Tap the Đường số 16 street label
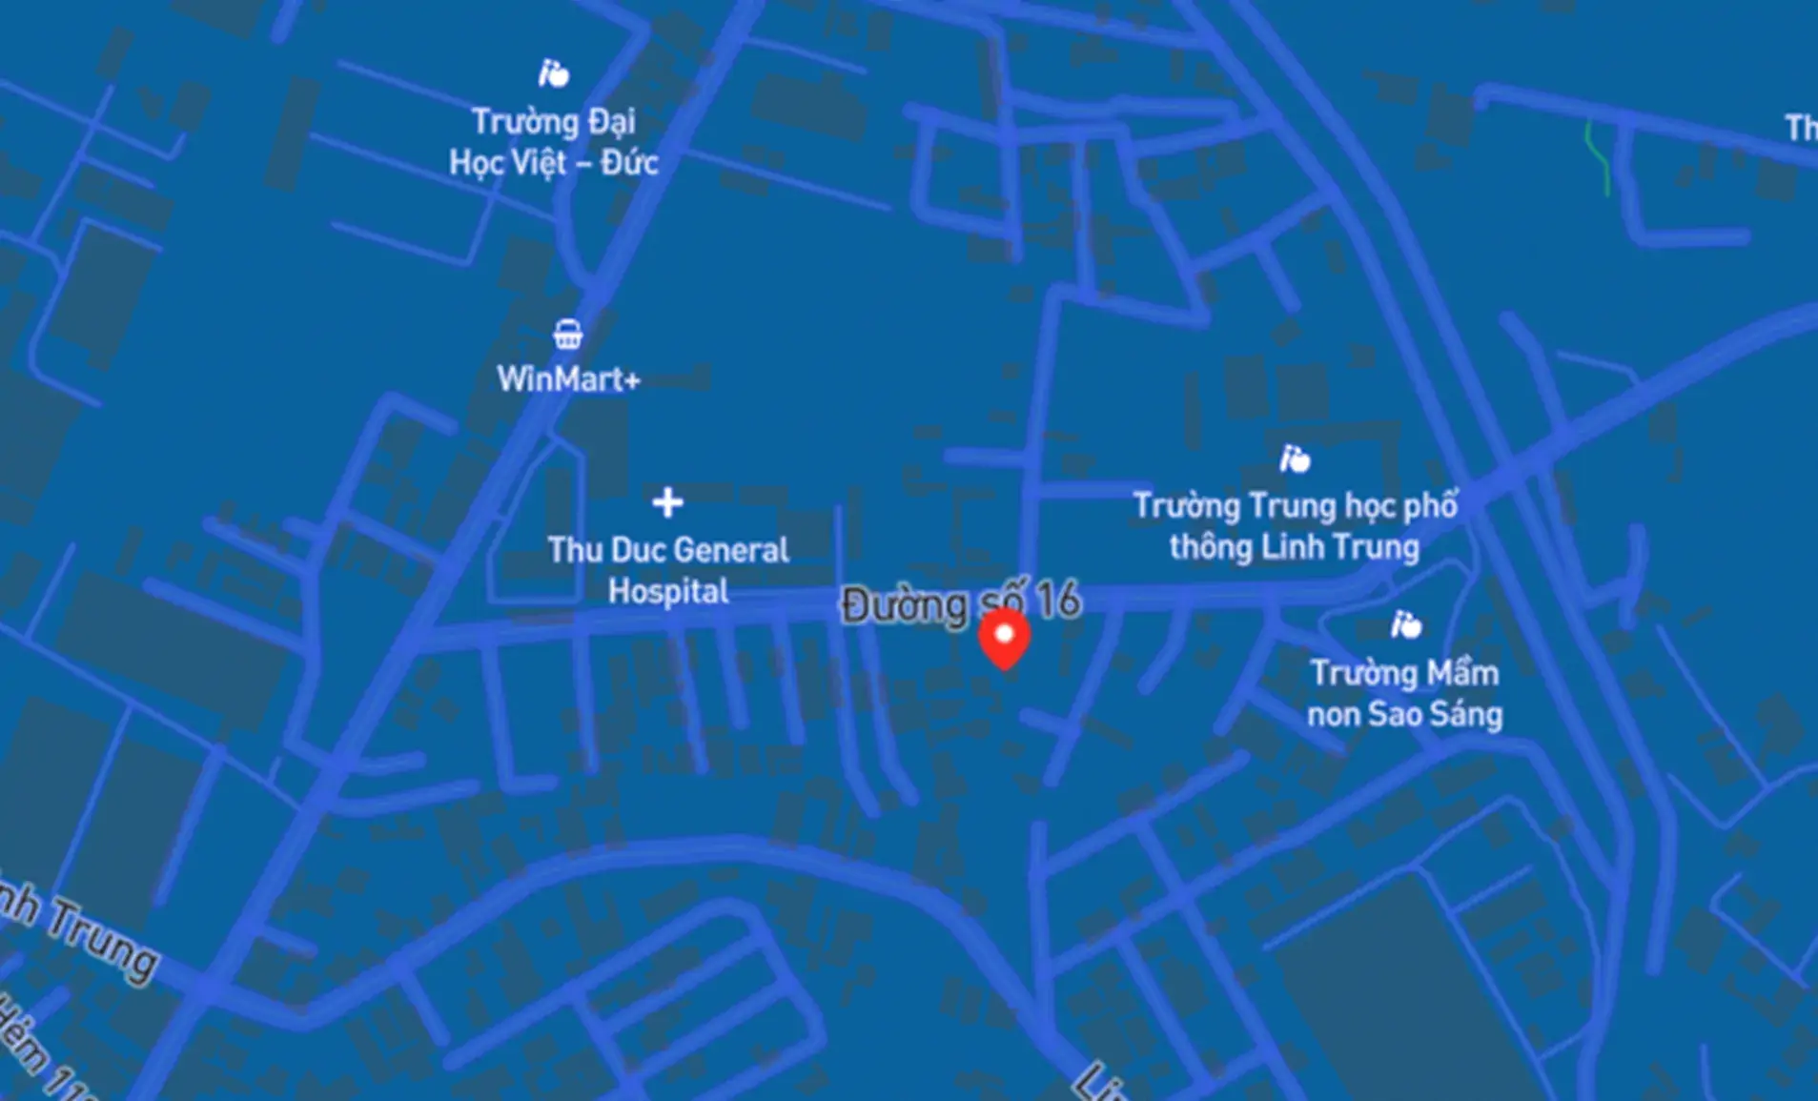coord(961,603)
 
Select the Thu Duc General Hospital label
coord(668,570)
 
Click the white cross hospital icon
coord(667,501)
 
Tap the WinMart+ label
coord(568,379)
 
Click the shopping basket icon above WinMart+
coord(567,335)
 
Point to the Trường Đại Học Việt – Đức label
coord(554,142)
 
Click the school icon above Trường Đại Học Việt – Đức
coord(553,72)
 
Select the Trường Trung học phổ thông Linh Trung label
coord(1295,526)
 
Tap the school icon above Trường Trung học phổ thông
coord(1294,459)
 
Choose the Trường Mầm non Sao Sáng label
coord(1404,693)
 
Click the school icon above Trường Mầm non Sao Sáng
coord(1405,625)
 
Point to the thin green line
coord(1599,158)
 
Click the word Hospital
coord(668,592)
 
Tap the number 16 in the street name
coord(1058,601)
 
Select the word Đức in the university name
coord(629,162)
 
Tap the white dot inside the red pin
coord(1004,633)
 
